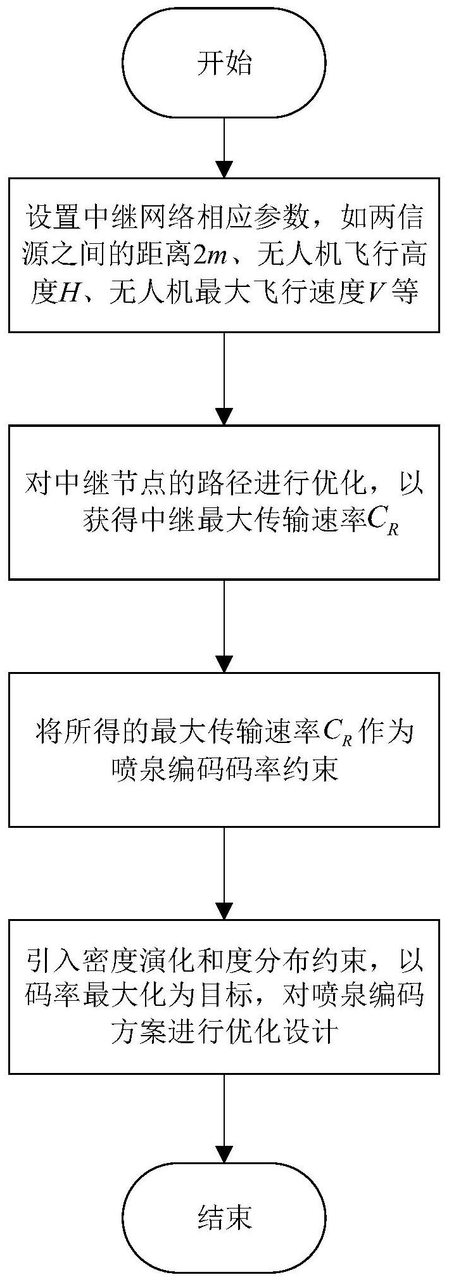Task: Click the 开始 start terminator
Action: pyautogui.click(x=224, y=64)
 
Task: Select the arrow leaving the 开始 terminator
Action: pyautogui.click(x=224, y=149)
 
